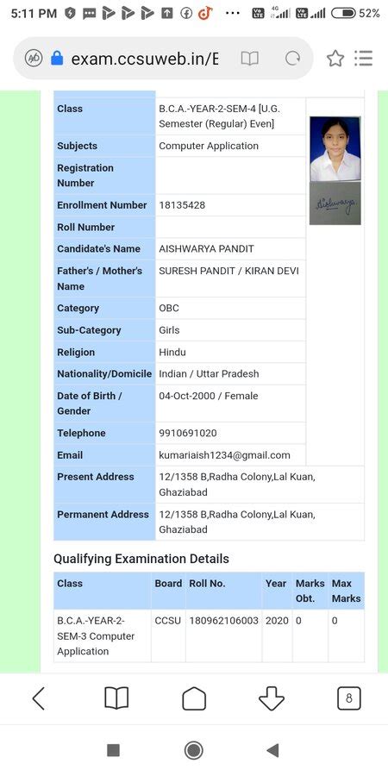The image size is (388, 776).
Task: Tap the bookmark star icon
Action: [335, 59]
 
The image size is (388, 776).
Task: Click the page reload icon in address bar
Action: [292, 59]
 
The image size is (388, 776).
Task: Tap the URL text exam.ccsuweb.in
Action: [144, 59]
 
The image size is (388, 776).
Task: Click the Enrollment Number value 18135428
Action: [182, 205]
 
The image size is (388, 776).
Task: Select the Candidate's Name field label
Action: [98, 249]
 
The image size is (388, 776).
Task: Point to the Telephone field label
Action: [81, 433]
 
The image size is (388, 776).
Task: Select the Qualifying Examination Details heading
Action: [141, 559]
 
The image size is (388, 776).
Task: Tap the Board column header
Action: [168, 584]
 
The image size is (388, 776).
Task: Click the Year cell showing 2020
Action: [277, 621]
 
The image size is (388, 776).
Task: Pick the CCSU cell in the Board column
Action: [168, 621]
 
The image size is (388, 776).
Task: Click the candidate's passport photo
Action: [335, 148]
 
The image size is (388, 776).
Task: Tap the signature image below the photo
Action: [335, 203]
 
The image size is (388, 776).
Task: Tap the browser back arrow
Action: [39, 698]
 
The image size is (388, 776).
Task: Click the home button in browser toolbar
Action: [194, 698]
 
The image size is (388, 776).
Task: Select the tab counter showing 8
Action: [348, 698]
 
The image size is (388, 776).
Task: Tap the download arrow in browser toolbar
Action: [272, 698]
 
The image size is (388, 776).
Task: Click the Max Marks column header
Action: [346, 591]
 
